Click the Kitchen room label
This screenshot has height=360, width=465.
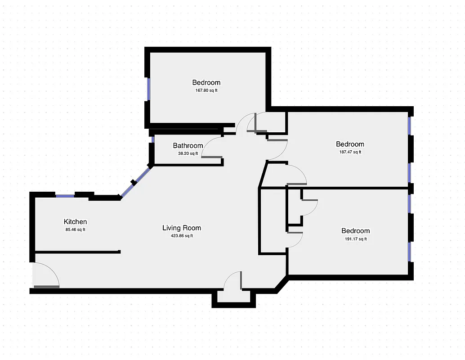coord(75,222)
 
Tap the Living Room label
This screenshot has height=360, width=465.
coord(182,228)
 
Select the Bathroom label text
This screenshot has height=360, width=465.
coord(188,146)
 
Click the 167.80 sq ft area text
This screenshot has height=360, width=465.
coord(206,90)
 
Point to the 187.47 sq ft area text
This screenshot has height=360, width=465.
coord(350,152)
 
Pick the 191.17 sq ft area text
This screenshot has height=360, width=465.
coord(355,239)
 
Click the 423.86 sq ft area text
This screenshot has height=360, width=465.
coord(182,236)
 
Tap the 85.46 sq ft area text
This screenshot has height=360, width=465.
coord(75,229)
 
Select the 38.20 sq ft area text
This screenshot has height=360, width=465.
coord(188,153)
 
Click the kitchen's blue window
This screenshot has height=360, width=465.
coord(65,195)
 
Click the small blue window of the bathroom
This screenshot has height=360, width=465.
coord(153,139)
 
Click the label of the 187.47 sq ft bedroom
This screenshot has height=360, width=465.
coord(350,144)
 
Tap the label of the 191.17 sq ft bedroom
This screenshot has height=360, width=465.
coord(355,231)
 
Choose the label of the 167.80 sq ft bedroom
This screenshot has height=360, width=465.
coord(206,82)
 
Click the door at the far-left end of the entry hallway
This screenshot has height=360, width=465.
coord(46,276)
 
